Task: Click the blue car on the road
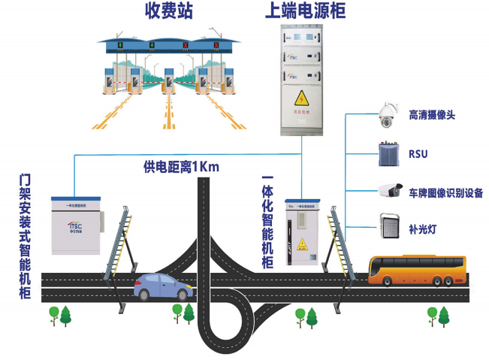(x=160, y=286)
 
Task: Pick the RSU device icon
(x=388, y=153)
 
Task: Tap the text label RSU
(x=418, y=153)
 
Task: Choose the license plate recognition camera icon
(x=389, y=190)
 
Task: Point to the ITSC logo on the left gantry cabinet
(x=77, y=225)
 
